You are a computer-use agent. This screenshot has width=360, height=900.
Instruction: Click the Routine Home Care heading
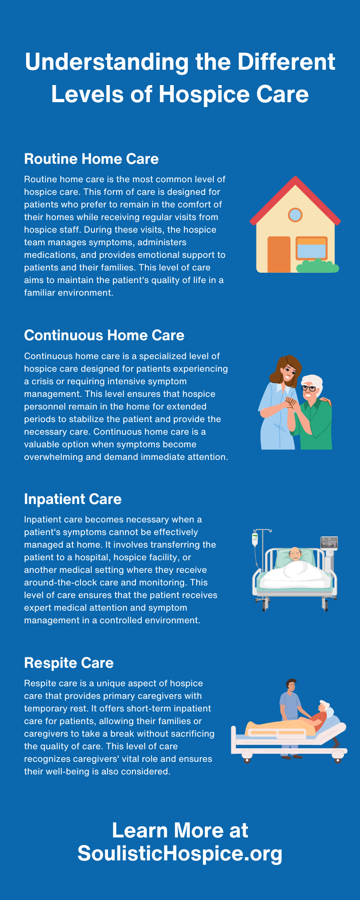91,159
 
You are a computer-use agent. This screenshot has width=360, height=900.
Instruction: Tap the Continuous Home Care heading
104,335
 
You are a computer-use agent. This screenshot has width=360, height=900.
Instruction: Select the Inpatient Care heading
72,499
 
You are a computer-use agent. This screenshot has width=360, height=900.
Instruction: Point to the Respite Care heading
68,663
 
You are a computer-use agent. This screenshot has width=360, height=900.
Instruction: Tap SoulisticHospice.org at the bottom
180,853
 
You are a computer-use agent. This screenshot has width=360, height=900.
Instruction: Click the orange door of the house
279,254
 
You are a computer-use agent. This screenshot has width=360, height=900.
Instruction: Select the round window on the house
295,215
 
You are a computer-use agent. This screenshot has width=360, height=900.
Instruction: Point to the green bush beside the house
318,266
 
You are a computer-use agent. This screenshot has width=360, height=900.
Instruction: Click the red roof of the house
295,189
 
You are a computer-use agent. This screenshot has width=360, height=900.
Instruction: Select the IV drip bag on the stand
255,539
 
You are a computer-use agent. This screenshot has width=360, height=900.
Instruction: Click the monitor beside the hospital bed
329,543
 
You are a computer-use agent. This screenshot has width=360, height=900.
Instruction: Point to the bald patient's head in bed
295,553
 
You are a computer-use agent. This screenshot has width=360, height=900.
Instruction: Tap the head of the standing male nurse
292,686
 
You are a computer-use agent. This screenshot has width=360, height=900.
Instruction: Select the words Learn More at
180,830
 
